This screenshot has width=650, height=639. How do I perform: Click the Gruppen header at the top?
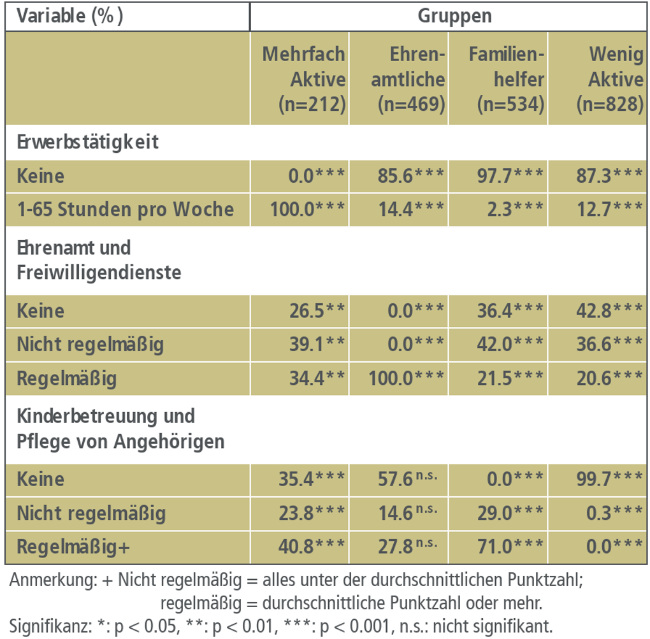tap(454, 16)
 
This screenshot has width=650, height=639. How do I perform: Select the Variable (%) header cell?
tap(70, 16)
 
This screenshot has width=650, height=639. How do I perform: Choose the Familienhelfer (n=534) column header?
tap(507, 80)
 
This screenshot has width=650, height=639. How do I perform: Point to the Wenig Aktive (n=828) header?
tap(608, 80)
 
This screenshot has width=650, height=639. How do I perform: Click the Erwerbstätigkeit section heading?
tap(88, 141)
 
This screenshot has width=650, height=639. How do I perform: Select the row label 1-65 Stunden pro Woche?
tap(126, 210)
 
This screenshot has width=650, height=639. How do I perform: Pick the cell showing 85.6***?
tap(408, 176)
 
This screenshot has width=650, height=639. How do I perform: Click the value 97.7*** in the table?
tap(510, 176)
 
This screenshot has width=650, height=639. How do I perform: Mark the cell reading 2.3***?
tap(515, 210)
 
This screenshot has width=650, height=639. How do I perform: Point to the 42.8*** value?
tap(609, 311)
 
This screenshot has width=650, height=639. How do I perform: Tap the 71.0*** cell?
tap(510, 547)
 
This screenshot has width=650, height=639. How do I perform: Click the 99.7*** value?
tap(609, 478)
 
